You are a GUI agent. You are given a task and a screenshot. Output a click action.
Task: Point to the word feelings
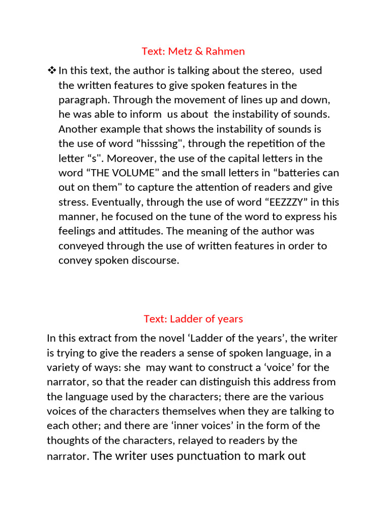[x=79, y=231]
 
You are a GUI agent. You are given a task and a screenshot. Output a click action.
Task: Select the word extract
[x=96, y=338]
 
